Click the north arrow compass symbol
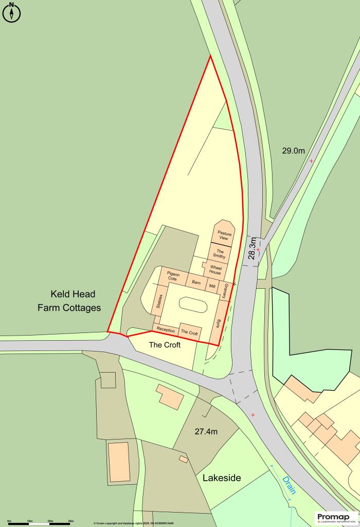[11, 12]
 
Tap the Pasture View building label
[224, 235]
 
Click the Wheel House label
[215, 269]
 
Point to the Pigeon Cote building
[173, 277]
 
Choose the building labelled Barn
[196, 283]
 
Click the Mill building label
[212, 286]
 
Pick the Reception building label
[166, 330]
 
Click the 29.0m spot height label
[293, 151]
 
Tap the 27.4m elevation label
[206, 431]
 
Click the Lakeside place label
[222, 478]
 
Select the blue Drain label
[289, 485]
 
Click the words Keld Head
[73, 294]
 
